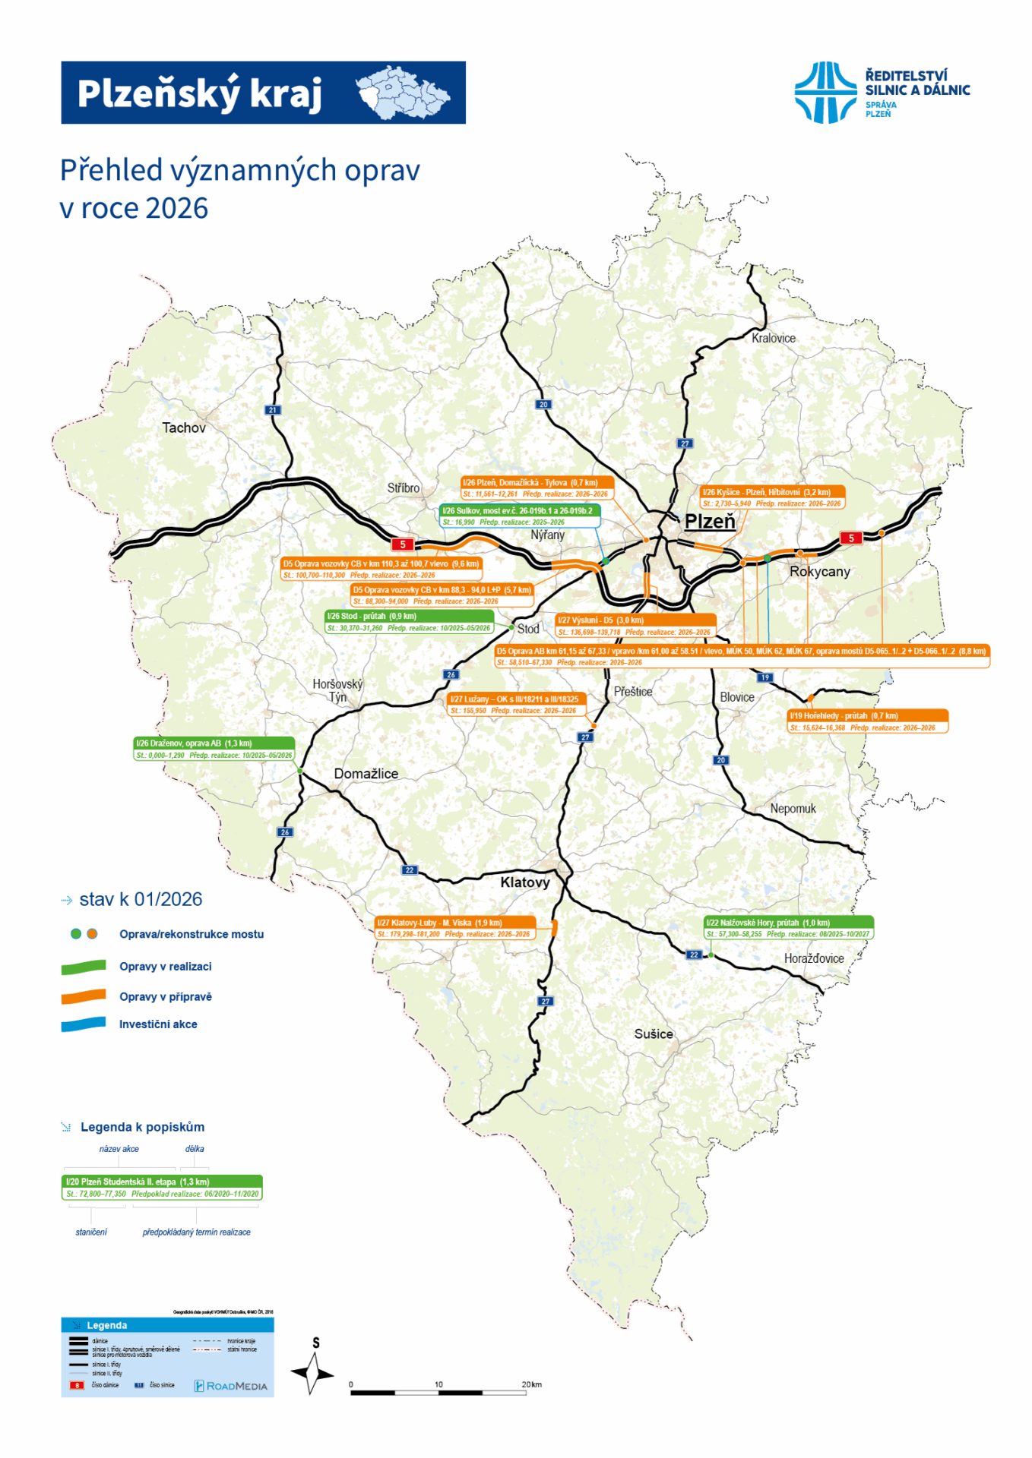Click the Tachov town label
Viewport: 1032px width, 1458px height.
(184, 428)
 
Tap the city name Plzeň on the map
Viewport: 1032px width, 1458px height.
(710, 521)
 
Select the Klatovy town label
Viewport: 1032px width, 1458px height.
(524, 882)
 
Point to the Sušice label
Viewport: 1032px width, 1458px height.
(654, 1034)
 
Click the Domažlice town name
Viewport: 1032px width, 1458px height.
(366, 773)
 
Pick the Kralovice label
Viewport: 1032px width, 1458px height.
(773, 338)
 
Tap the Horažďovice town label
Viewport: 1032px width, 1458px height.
(814, 958)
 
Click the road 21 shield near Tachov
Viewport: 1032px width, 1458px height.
(273, 410)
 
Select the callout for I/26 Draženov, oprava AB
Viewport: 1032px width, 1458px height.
(214, 749)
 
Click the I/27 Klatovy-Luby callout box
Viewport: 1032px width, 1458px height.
(454, 928)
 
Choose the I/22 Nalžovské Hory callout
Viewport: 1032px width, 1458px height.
(788, 928)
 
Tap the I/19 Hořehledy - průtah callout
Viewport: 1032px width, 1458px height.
(867, 721)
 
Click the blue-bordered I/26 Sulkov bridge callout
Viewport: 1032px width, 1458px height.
(520, 516)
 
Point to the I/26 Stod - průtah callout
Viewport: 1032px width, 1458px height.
(409, 622)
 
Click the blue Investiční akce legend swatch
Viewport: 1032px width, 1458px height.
(84, 1024)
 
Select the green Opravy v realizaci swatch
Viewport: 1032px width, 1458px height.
(84, 967)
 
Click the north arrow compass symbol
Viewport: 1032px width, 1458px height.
(312, 1374)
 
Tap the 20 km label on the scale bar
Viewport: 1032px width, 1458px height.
(532, 1384)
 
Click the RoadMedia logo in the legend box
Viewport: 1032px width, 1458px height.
(231, 1386)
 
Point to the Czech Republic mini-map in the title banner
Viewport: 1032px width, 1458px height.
(403, 93)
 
